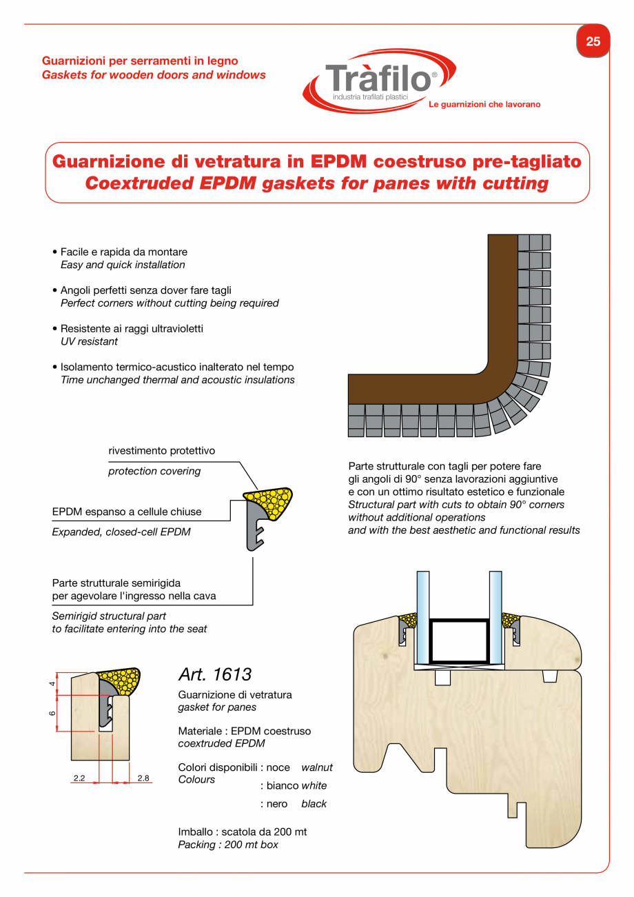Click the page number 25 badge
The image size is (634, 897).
tap(593, 41)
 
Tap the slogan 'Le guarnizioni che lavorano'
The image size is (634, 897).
tap(484, 105)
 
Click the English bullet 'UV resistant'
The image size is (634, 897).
tap(89, 341)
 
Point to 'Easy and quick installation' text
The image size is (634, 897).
tap(123, 265)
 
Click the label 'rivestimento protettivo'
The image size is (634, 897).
tap(162, 451)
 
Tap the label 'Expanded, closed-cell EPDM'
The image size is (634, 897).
tap(121, 532)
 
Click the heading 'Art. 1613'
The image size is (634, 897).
tap(215, 674)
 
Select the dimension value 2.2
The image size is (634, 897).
tap(79, 778)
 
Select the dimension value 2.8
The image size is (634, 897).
tap(143, 778)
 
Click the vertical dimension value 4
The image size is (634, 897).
tap(52, 683)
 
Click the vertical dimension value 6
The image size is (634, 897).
tap(52, 713)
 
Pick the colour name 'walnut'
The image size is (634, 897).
tap(317, 767)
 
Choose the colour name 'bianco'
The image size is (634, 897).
tap(282, 785)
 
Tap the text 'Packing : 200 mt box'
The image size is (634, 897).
tap(228, 845)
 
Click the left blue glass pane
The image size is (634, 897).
tap(422, 614)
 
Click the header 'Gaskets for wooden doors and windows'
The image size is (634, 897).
tap(154, 74)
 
